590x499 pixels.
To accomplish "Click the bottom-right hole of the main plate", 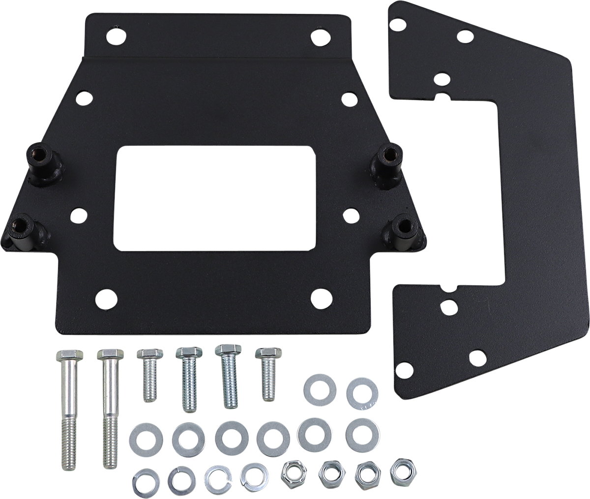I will [x=321, y=297].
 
